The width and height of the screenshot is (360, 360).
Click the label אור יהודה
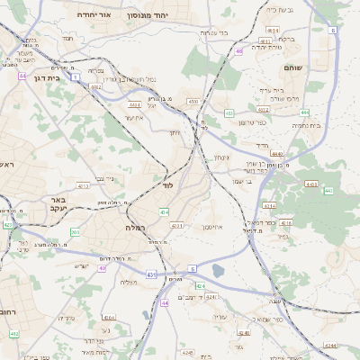tap(91, 15)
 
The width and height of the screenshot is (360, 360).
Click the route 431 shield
tap(152, 274)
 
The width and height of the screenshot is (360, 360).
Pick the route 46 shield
tap(238, 51)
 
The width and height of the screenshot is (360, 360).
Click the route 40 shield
tap(102, 267)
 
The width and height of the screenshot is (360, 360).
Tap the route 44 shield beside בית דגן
tap(22, 76)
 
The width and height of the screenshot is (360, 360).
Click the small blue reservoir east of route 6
tap(218, 270)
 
